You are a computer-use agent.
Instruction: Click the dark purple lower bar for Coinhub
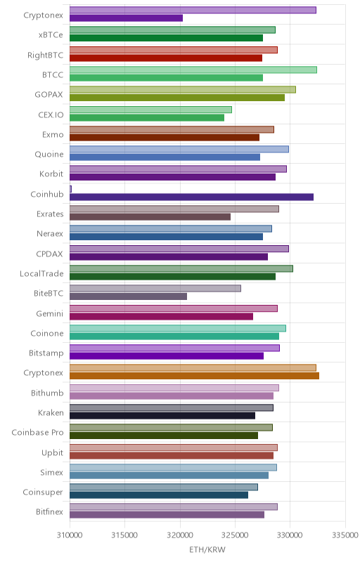191,197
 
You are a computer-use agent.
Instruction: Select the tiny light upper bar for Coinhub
70,189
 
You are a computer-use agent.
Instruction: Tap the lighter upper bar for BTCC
193,70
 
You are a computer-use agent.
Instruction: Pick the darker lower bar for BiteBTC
129,296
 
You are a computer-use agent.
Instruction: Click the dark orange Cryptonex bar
194,376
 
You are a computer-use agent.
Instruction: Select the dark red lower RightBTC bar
166,58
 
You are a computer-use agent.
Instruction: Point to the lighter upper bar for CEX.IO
150,110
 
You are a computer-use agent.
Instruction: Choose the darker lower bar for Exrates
150,217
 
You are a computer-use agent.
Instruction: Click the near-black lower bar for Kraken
162,415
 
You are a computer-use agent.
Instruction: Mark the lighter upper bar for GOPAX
183,90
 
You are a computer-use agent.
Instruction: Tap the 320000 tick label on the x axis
180,535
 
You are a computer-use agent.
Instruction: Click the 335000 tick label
345,535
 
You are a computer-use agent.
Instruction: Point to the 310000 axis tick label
70,535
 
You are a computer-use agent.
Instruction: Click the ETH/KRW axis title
207,550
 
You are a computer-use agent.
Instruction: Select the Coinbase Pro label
38,433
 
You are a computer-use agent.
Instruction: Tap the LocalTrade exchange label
41,274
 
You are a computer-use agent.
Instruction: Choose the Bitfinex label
49,512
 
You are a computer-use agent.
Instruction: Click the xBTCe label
51,35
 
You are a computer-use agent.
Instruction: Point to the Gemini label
50,313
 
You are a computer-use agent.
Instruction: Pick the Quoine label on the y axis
49,155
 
